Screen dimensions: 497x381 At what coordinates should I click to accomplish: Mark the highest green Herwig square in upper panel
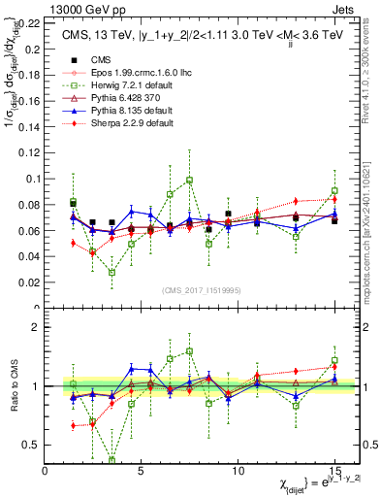tap(189, 180)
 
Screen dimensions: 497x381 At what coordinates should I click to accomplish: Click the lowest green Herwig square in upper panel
tap(111, 272)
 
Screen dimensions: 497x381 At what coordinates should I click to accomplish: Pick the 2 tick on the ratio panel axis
tap(36, 327)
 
